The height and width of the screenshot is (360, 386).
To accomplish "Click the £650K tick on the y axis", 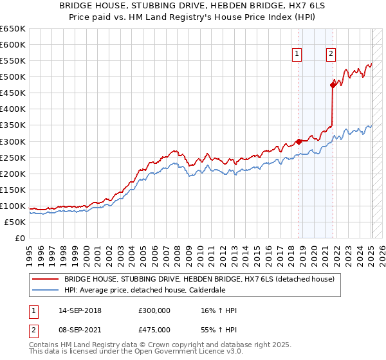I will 13,29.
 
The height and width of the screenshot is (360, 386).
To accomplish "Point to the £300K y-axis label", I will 13,141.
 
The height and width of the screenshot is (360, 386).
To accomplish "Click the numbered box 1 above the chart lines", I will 297,54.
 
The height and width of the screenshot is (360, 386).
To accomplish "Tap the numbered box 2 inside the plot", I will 331,54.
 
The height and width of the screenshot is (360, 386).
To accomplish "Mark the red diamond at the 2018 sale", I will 299,141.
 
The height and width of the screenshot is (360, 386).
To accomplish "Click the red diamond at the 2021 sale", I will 333,84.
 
